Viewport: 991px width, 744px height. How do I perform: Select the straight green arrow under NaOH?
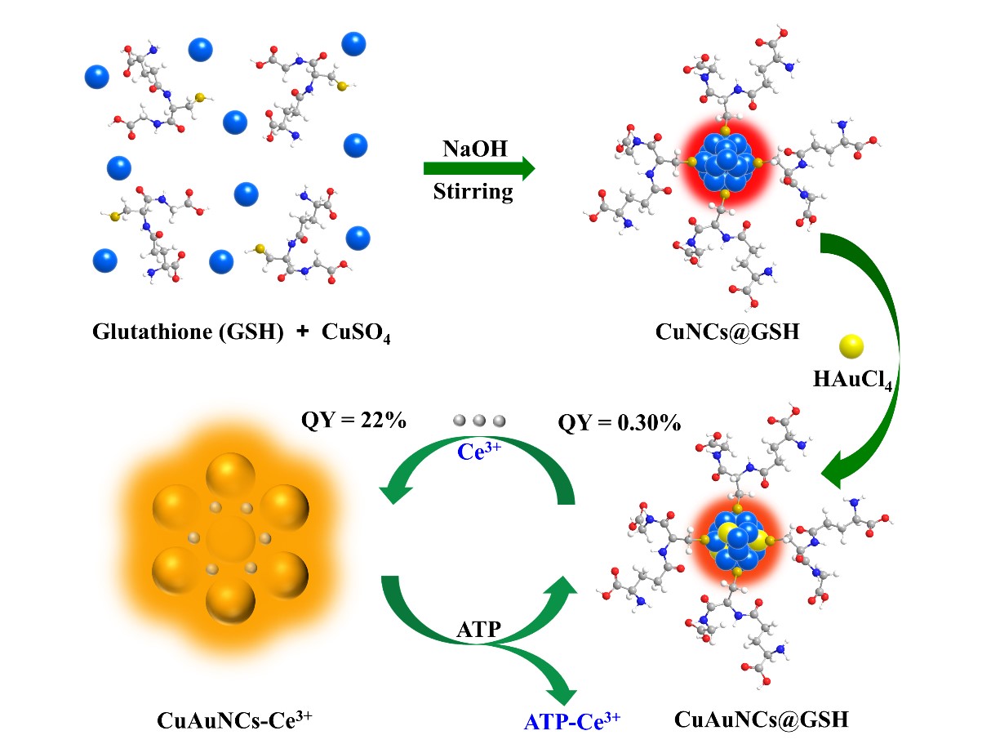click(x=478, y=169)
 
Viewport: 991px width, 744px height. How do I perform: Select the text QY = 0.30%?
click(x=620, y=423)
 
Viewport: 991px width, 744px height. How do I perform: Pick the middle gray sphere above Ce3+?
click(x=479, y=421)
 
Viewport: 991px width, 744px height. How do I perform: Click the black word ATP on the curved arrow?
click(x=478, y=629)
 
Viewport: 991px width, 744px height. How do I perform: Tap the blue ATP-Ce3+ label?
click(x=571, y=719)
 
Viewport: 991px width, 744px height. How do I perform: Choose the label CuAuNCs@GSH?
click(x=762, y=719)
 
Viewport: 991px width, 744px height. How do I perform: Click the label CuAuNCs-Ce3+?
click(x=235, y=719)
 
